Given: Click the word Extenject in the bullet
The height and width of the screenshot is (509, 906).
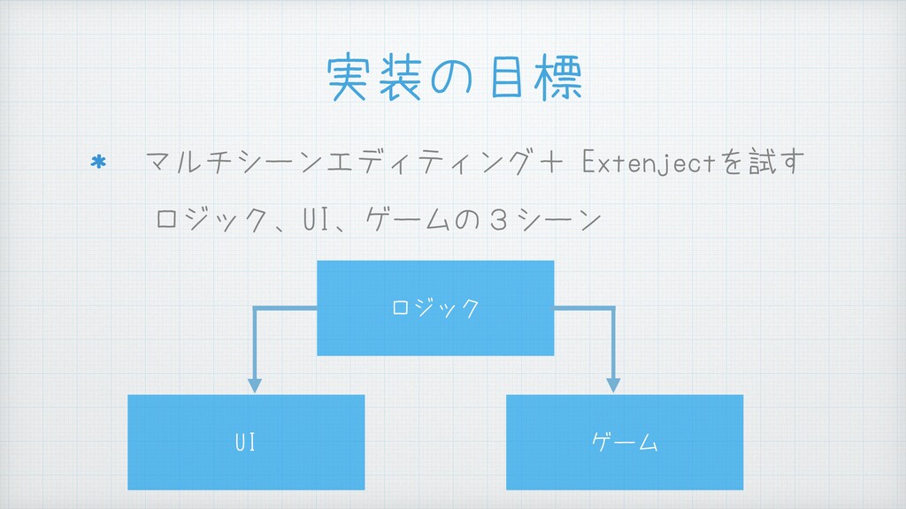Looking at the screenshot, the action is (x=654, y=163).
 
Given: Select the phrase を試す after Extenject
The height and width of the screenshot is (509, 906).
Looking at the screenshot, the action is (x=766, y=163).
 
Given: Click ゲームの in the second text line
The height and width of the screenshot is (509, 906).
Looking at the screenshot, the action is (x=427, y=217).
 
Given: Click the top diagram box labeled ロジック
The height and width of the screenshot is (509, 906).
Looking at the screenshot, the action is (x=435, y=308).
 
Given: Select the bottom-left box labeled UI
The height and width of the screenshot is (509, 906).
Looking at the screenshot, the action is (x=246, y=442).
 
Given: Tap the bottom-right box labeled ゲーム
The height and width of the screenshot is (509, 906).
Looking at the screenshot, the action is (x=625, y=442).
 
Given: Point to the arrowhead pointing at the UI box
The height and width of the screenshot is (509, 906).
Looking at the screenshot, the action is (x=255, y=385).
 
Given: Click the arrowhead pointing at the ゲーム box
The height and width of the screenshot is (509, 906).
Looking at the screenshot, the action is (x=612, y=385).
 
